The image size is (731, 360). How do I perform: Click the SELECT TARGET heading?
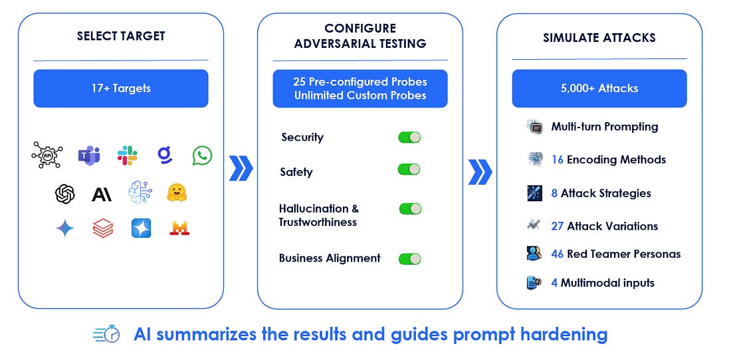point(120,36)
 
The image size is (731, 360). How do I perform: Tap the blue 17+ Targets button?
point(120,88)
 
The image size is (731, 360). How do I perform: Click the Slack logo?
point(127,155)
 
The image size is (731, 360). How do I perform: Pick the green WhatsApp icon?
point(202,156)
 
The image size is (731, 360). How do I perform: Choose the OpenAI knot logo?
point(64,194)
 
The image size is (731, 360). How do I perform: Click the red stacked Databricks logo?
point(103,228)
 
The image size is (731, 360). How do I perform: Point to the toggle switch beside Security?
point(409,137)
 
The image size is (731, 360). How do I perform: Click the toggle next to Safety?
point(409,169)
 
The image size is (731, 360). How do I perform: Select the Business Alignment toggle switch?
point(410,258)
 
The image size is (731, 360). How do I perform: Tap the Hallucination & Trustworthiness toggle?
point(410,209)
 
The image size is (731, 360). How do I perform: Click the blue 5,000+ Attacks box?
point(599,88)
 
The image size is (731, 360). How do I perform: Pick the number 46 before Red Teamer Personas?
point(558,254)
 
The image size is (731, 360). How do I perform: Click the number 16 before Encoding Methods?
point(558,159)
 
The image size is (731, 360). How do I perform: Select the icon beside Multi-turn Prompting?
point(535,127)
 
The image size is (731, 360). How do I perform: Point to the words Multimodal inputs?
point(607,283)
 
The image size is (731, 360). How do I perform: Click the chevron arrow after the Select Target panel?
point(241,169)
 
